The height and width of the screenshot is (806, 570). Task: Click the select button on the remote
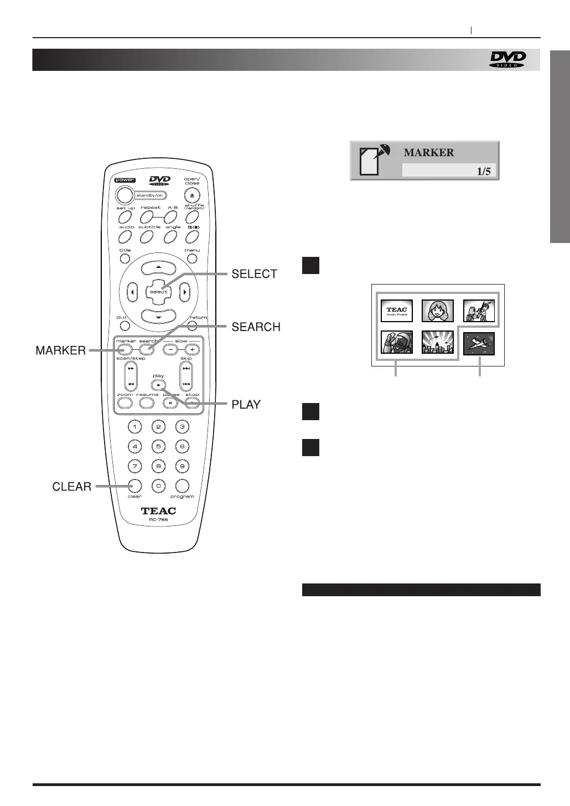[x=158, y=291]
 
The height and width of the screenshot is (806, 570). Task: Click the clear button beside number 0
[x=134, y=485]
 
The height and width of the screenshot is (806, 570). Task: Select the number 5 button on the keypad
[x=158, y=446]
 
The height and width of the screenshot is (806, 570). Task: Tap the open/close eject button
[x=192, y=195]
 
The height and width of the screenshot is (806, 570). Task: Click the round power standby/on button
[x=125, y=195]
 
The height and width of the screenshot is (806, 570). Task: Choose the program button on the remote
[x=182, y=485]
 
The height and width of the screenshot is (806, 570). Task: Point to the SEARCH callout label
[x=256, y=327]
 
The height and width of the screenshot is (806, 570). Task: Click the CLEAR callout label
[x=71, y=487]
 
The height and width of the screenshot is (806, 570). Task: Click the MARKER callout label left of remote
[x=60, y=350]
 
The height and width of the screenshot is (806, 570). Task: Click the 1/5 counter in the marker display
[x=484, y=171]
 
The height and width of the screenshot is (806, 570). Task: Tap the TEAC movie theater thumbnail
[x=397, y=311]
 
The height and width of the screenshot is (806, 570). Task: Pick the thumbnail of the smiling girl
[x=438, y=311]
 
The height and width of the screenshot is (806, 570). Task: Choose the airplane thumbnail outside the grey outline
[x=479, y=343]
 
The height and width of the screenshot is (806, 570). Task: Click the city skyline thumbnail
[x=438, y=343]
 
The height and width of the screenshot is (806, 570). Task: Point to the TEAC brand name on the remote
[x=158, y=511]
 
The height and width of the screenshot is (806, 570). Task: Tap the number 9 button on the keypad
[x=182, y=466]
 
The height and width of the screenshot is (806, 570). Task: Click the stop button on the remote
[x=192, y=403]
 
